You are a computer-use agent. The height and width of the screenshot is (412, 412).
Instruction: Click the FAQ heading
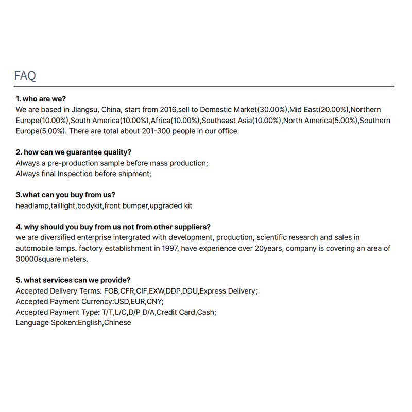25,76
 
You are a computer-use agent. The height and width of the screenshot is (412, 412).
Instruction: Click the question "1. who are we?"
41,99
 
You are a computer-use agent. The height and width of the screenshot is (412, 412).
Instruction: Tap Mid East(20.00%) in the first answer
320,110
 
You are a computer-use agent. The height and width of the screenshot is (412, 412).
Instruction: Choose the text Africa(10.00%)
175,121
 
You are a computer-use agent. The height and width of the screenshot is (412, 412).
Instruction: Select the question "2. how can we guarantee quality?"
73,152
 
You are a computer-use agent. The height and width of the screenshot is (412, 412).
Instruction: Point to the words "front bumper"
126,206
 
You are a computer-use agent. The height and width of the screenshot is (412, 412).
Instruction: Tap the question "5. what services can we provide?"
73,280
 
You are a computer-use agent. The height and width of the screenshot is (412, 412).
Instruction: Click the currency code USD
122,302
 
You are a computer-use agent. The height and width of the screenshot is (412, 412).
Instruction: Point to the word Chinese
117,323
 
